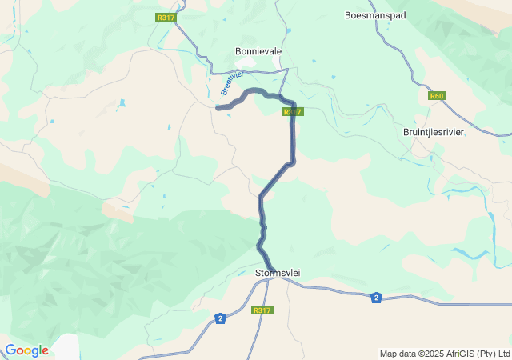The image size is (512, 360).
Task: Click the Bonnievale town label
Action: (x=258, y=51)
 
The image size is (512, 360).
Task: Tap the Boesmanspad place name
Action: (x=375, y=15)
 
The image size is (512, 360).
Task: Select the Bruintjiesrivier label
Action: (x=433, y=131)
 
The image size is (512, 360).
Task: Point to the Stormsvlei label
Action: (x=277, y=273)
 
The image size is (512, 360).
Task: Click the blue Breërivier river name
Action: (x=231, y=83)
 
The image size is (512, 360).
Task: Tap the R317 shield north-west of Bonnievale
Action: (x=166, y=18)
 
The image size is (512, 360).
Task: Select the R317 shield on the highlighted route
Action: (x=292, y=112)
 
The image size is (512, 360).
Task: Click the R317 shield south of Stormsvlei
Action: (x=262, y=310)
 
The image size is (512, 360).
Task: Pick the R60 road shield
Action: (x=436, y=96)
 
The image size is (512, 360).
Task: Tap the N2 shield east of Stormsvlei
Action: (x=376, y=298)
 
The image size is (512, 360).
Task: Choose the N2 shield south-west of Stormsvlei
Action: (x=220, y=318)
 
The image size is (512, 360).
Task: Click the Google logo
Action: (x=26, y=350)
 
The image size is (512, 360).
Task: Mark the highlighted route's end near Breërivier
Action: (x=218, y=107)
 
